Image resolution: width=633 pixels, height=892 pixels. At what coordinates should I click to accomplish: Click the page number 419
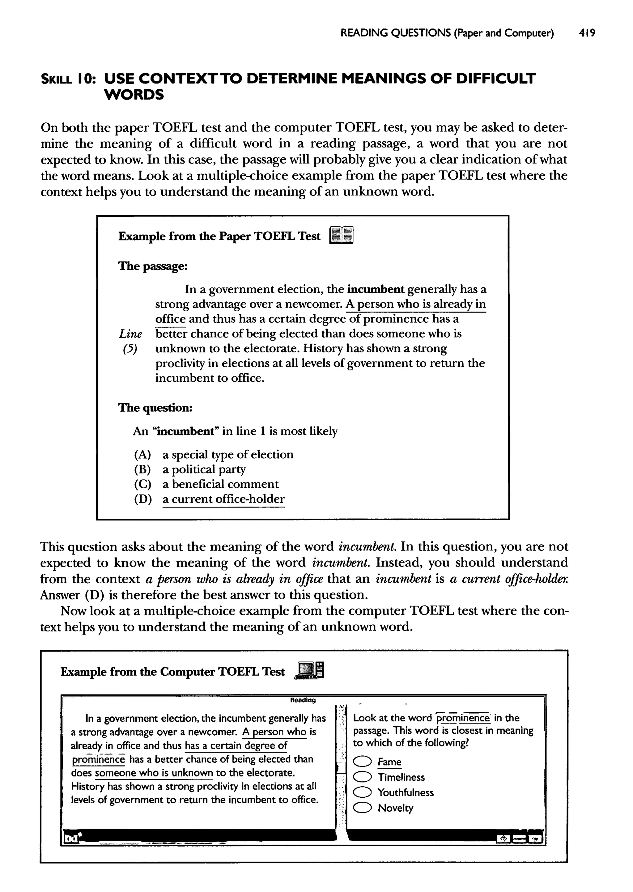point(587,33)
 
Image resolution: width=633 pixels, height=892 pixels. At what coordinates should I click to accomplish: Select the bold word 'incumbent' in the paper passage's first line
point(375,290)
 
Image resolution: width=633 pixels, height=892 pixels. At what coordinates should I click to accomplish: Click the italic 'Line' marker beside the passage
point(130,334)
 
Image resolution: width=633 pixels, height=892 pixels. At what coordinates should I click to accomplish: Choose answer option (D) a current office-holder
point(223,499)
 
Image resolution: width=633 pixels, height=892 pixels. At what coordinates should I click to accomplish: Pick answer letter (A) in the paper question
point(142,455)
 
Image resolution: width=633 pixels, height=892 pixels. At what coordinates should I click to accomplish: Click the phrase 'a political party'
point(204,469)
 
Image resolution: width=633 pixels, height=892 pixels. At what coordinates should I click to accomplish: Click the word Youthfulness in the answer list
point(406,792)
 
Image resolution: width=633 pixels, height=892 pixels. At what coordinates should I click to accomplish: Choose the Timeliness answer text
point(401,777)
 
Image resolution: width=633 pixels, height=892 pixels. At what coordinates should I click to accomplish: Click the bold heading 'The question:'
point(155,408)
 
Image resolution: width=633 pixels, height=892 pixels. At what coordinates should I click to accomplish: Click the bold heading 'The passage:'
point(153,266)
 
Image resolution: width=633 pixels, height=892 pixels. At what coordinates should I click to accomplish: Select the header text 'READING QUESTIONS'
point(394,33)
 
